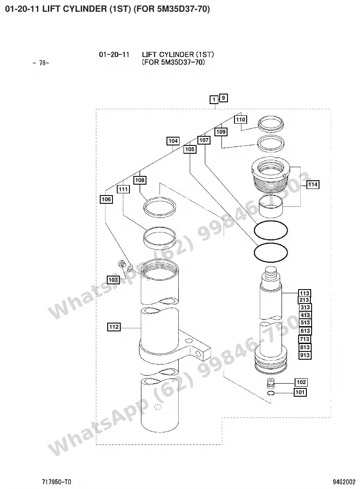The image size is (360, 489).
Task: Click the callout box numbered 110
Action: pyautogui.click(x=241, y=119)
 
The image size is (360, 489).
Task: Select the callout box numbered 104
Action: pyautogui.click(x=173, y=141)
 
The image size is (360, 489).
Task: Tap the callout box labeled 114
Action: pyautogui.click(x=313, y=185)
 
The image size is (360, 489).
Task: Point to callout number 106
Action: pyautogui.click(x=106, y=199)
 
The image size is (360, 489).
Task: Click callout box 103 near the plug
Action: pyautogui.click(x=113, y=280)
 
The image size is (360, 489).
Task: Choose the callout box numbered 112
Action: pyautogui.click(x=114, y=327)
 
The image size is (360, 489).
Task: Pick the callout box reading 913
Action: pyautogui.click(x=305, y=355)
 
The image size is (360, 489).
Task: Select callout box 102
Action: pyautogui.click(x=301, y=382)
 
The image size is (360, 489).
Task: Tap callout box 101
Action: pyautogui.click(x=300, y=392)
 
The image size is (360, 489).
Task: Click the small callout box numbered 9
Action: pyautogui.click(x=223, y=98)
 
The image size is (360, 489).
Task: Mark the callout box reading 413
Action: pyautogui.click(x=305, y=315)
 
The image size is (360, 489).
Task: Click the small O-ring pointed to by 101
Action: pyautogui.click(x=270, y=393)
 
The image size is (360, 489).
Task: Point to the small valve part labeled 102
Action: pyautogui.click(x=270, y=383)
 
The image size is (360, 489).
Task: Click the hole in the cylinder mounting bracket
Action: pyautogui.click(x=197, y=354)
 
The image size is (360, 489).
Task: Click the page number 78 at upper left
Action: pyautogui.click(x=41, y=63)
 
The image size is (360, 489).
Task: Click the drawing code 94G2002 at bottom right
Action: pyautogui.click(x=344, y=482)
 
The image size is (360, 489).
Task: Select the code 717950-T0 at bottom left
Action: pyautogui.click(x=57, y=482)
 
